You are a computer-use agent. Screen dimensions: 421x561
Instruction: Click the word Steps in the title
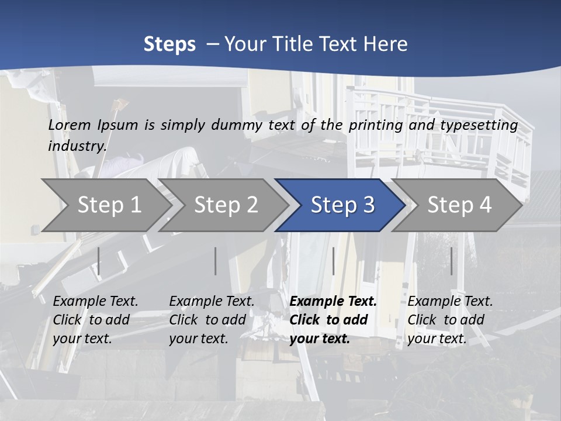point(169,44)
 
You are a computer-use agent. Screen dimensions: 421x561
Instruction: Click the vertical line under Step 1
point(99,261)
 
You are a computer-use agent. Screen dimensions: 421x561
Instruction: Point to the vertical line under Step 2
point(216,261)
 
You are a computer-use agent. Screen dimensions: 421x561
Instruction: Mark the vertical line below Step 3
point(333,261)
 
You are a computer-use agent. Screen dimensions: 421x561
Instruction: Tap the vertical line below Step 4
point(451,261)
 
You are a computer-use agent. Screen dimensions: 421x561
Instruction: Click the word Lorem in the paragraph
point(70,125)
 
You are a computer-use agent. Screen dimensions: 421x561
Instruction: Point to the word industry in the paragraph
point(77,146)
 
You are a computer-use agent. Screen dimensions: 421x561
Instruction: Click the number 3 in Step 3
point(368,205)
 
